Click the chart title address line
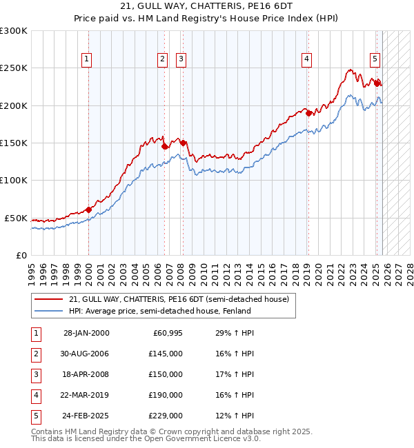[x=207, y=6]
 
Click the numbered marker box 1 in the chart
[x=87, y=60]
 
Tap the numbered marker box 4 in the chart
[x=306, y=60]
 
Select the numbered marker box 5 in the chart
[x=374, y=60]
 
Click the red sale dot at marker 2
[x=165, y=146]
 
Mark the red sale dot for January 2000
[x=89, y=210]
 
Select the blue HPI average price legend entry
[x=159, y=311]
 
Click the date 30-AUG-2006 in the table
[x=86, y=354]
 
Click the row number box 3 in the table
[x=36, y=374]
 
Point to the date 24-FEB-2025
[x=86, y=416]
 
